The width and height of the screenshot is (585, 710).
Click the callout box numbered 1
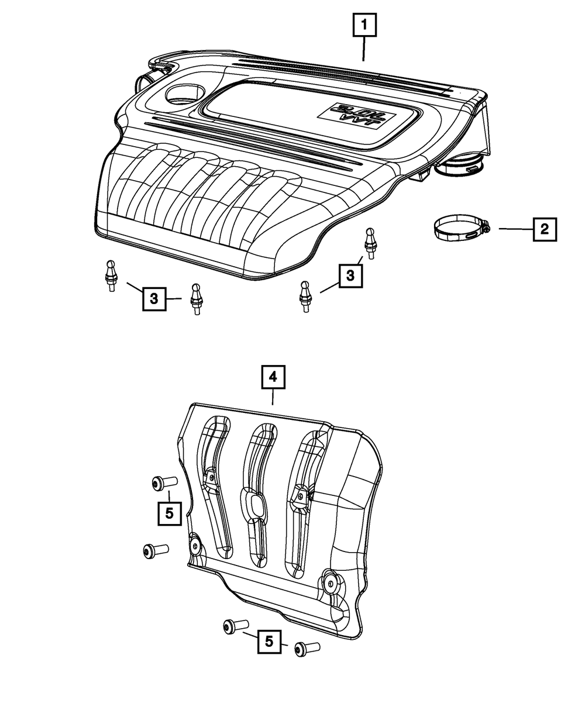pyautogui.click(x=364, y=25)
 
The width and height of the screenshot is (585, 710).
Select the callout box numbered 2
pyautogui.click(x=544, y=229)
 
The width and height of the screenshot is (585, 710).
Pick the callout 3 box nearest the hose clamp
pyautogui.click(x=350, y=276)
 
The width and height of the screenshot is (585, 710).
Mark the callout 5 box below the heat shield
pyautogui.click(x=269, y=642)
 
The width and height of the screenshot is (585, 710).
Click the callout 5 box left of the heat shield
pyautogui.click(x=169, y=513)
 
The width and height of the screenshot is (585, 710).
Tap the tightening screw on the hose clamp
pyautogui.click(x=486, y=230)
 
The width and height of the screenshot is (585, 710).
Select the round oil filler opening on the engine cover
pyautogui.click(x=184, y=92)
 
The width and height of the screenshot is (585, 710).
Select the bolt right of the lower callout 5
pyautogui.click(x=308, y=648)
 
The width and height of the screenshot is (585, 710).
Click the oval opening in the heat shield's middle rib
pyautogui.click(x=254, y=505)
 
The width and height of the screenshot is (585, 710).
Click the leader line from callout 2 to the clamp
pyautogui.click(x=515, y=229)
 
